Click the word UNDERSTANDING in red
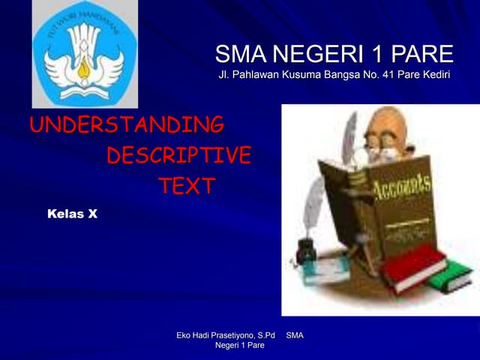126,124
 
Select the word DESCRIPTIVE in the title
178,155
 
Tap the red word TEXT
186,186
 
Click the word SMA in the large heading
239,54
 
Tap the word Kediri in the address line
435,75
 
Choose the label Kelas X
72,214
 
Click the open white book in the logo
84,88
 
